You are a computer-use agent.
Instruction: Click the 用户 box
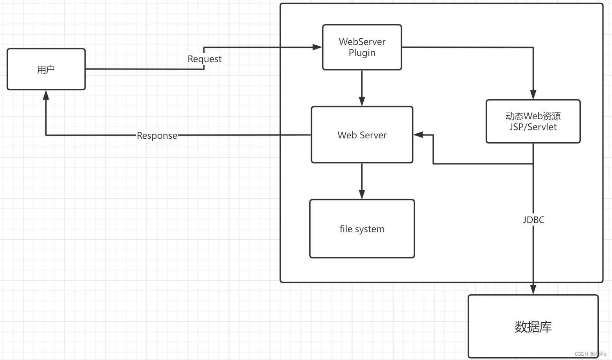coord(46,69)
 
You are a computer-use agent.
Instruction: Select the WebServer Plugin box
coord(362,47)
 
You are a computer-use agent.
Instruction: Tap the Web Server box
coord(362,135)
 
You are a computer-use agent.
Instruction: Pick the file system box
coord(362,229)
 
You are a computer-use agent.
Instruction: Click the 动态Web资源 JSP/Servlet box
coord(533,121)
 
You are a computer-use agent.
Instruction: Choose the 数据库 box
coord(533,326)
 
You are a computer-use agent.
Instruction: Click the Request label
coord(205,59)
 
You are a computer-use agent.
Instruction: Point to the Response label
coord(157,136)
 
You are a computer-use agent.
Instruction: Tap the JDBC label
coord(533,220)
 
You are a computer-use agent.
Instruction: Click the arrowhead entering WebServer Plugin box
coord(317,47)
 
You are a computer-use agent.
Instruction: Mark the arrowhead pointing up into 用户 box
coord(46,95)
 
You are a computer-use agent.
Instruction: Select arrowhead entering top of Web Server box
coord(362,101)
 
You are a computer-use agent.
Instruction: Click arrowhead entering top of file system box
coord(362,195)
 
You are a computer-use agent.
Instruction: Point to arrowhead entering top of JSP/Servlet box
coord(533,95)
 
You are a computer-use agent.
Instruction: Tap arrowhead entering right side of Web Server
coord(418,135)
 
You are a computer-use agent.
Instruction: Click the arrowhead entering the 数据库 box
coord(533,290)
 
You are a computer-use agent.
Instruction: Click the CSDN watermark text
coord(590,354)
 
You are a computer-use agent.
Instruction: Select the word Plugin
coord(362,53)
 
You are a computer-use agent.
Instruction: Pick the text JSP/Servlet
coord(533,127)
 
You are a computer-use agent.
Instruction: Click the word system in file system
coord(370,229)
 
